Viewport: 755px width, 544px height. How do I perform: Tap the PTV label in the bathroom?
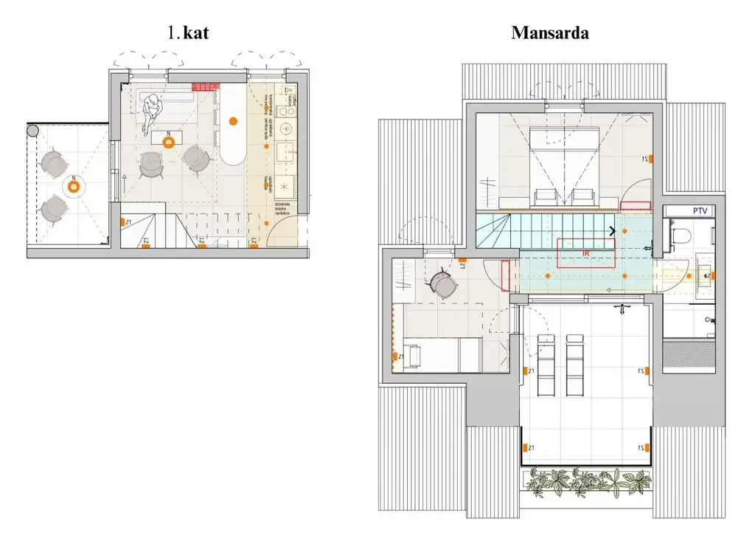pos(700,211)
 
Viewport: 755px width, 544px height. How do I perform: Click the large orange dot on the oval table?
pos(234,120)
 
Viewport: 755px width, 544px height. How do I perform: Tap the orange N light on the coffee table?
pos(169,142)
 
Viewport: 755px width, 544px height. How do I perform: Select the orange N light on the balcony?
pos(73,187)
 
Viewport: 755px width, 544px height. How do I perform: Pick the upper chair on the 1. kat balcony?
pos(53,162)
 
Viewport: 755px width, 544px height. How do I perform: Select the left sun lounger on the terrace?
pos(546,363)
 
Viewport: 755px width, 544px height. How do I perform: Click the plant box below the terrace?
pos(587,481)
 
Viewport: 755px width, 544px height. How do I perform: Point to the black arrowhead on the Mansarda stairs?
pos(613,231)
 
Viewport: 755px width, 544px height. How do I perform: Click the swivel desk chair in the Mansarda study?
pos(442,283)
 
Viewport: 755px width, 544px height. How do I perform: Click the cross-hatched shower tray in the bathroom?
pos(689,355)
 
